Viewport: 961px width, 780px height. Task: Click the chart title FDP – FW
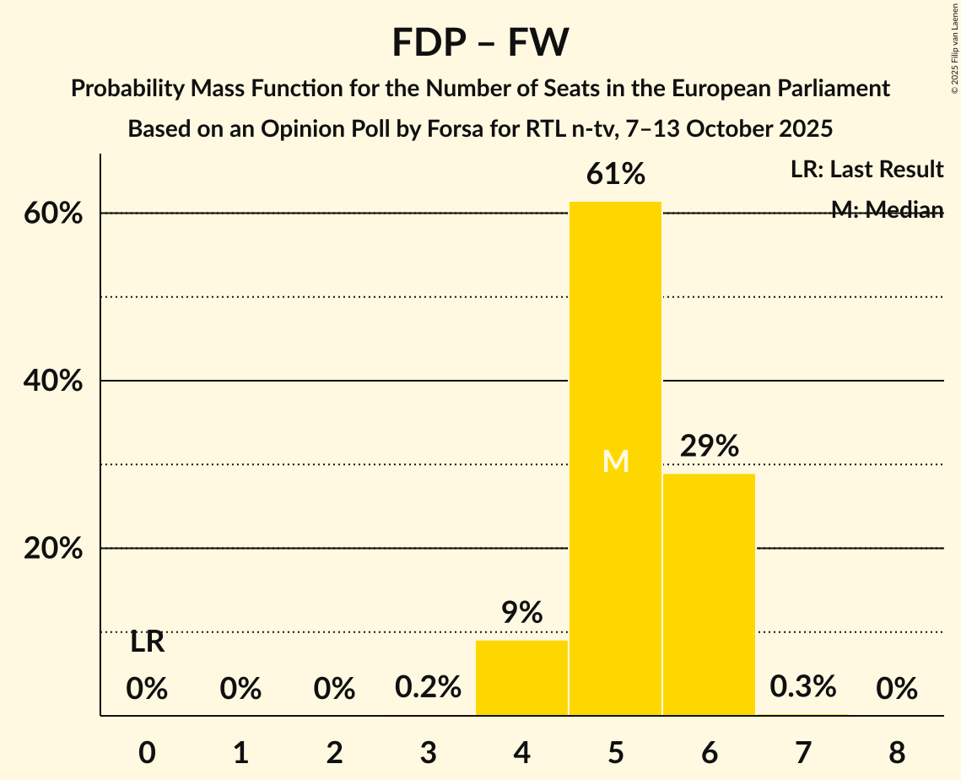(x=480, y=42)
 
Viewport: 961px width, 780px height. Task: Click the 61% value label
(x=616, y=175)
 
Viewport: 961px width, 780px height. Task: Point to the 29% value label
(x=709, y=446)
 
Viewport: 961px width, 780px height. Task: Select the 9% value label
(x=521, y=613)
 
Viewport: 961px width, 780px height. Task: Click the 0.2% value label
(x=428, y=688)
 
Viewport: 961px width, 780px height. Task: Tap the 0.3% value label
(x=802, y=687)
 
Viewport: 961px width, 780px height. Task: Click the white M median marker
(x=616, y=461)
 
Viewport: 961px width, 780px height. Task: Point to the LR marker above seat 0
(x=147, y=642)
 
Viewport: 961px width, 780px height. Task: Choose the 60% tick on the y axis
(x=53, y=214)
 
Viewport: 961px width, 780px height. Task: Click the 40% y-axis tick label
(x=53, y=382)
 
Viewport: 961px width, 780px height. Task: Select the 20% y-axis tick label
(x=53, y=549)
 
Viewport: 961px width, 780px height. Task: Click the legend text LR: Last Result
(x=867, y=170)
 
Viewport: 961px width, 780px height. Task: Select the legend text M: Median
(x=887, y=210)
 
